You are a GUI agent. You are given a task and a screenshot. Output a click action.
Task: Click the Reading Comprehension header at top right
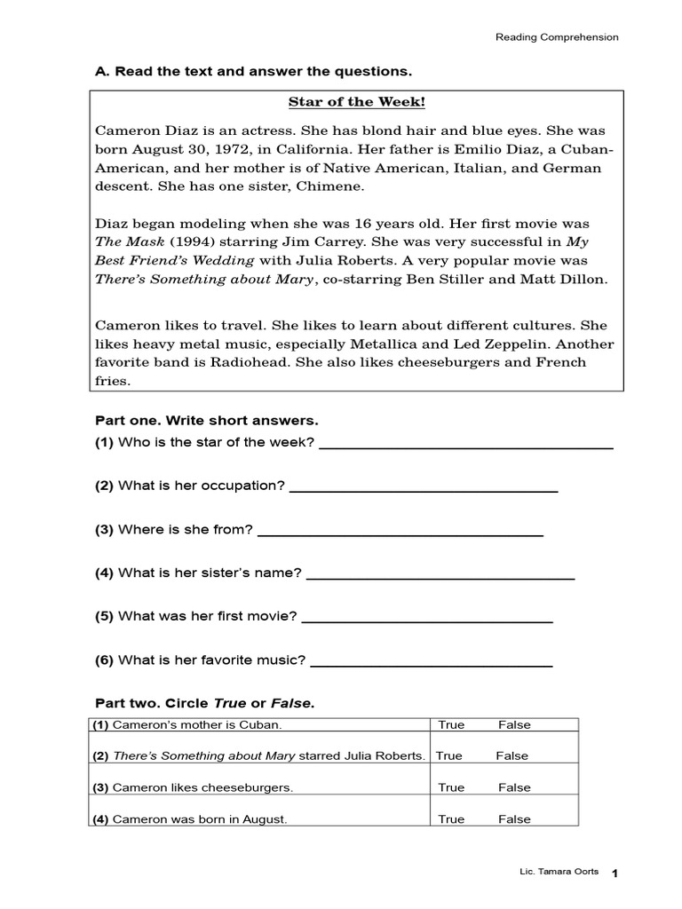pyautogui.click(x=556, y=37)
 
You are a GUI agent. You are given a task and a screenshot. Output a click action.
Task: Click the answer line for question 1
pyautogui.click(x=465, y=447)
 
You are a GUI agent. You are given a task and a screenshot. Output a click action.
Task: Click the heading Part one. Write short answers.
pyautogui.click(x=206, y=419)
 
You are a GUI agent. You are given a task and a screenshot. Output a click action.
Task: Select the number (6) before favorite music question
pyautogui.click(x=105, y=660)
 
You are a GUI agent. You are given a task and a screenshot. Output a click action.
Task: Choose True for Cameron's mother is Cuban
pyautogui.click(x=451, y=724)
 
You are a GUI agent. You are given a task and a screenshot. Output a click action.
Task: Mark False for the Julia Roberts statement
pyautogui.click(x=511, y=755)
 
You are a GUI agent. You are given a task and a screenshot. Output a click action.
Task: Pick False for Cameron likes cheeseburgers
pyautogui.click(x=514, y=787)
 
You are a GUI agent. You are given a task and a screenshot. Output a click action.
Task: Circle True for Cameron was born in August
pyautogui.click(x=451, y=819)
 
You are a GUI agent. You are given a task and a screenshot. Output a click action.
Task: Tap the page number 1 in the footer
pyautogui.click(x=615, y=875)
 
